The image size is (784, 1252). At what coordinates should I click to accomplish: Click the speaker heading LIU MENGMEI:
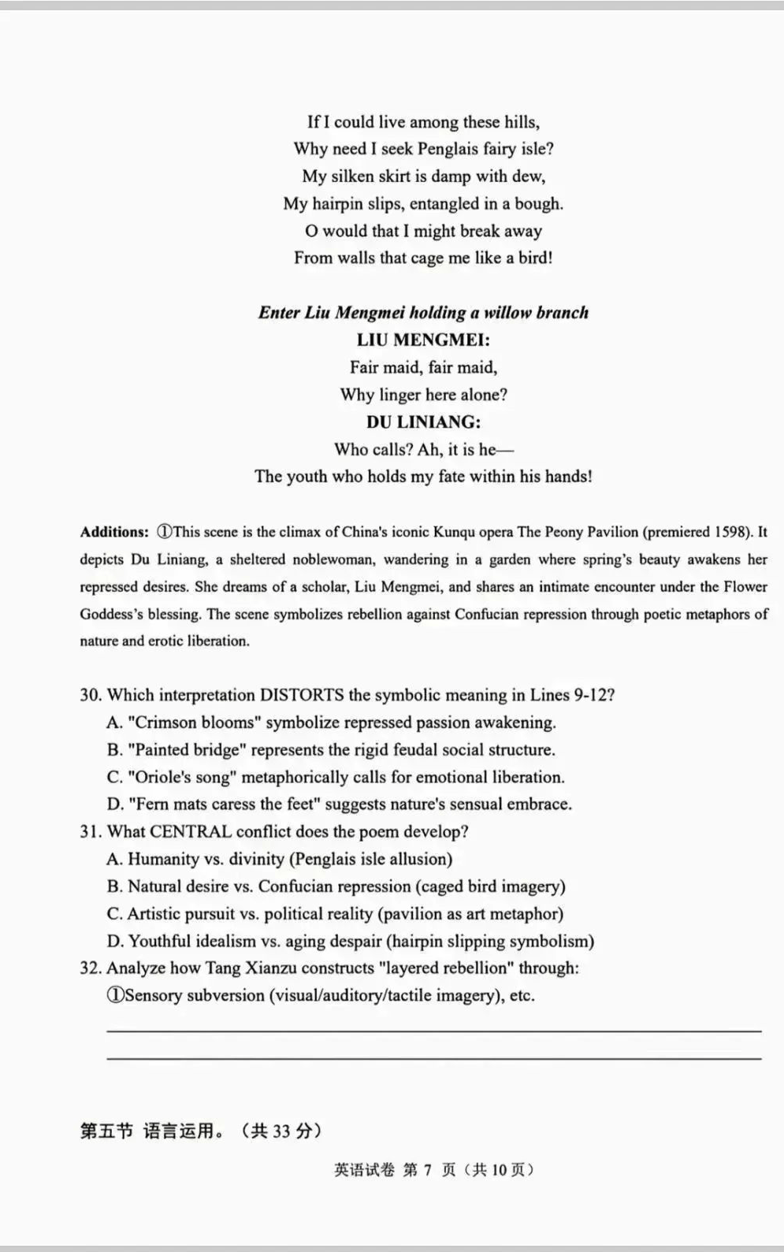tap(423, 340)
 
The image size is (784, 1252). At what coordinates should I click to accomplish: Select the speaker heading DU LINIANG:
tap(423, 422)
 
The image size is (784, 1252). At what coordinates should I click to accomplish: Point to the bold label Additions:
tap(114, 532)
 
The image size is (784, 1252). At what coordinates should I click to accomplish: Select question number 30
tap(91, 695)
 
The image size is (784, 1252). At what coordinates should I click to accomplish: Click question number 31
tap(91, 832)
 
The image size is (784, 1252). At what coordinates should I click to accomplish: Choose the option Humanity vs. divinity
tap(280, 860)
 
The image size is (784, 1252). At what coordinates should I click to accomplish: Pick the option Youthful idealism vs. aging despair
tap(351, 942)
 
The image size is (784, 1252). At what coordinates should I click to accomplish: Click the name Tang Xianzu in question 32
tap(251, 968)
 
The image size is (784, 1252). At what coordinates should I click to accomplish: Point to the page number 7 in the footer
tap(427, 1170)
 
